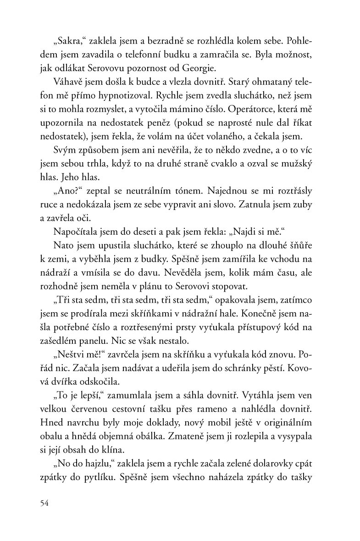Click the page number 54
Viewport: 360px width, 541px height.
pyautogui.click(x=44, y=503)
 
